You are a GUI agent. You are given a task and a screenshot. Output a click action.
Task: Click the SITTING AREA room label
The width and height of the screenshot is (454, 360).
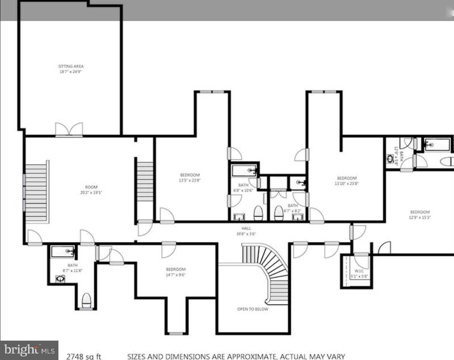click(71, 69)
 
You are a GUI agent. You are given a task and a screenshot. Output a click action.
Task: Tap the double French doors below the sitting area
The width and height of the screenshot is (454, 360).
click(69, 129)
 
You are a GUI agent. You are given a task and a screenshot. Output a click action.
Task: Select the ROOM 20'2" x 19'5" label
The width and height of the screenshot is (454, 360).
click(91, 190)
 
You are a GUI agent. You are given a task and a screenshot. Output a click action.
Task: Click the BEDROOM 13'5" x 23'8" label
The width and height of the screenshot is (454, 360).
click(190, 177)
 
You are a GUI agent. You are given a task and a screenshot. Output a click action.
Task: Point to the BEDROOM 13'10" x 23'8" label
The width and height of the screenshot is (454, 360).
click(347, 181)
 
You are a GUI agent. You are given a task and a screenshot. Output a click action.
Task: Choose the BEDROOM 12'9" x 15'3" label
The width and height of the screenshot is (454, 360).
click(420, 214)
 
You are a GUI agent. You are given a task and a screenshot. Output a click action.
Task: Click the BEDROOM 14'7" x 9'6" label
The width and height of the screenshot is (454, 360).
click(176, 272)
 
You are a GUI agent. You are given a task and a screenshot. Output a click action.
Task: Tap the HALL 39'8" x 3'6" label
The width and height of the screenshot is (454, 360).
click(246, 231)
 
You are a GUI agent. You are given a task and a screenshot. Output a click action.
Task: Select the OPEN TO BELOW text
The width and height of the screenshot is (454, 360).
click(252, 309)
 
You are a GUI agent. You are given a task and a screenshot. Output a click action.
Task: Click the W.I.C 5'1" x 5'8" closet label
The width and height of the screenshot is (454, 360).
click(359, 274)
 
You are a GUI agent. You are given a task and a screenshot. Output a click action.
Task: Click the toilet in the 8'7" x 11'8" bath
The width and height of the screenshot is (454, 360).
click(86, 300)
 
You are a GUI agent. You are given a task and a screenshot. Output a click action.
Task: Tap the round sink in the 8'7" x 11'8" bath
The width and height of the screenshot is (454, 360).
click(60, 279)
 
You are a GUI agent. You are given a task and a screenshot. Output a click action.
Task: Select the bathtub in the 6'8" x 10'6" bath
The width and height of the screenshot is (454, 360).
click(244, 171)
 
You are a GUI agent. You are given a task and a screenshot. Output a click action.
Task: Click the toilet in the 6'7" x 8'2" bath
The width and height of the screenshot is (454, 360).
click(278, 213)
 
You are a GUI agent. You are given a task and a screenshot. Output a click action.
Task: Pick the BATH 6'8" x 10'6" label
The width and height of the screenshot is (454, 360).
click(243, 187)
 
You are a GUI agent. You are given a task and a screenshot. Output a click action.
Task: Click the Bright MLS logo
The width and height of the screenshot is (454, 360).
click(29, 350)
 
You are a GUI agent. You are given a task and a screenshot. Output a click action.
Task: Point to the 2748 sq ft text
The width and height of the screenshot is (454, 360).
click(83, 356)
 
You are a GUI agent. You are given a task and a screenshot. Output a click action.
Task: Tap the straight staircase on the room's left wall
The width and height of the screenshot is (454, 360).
click(36, 192)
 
